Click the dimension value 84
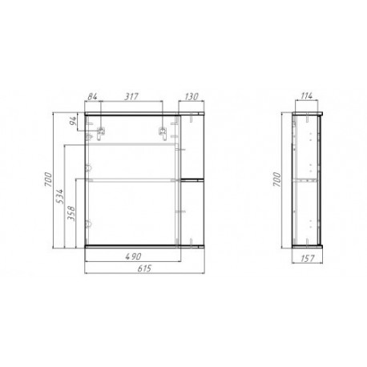pyautogui.click(x=92, y=96)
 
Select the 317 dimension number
pyautogui.click(x=132, y=96)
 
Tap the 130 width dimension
pyautogui.click(x=192, y=96)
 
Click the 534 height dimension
pyautogui.click(x=61, y=196)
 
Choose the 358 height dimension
pyautogui.click(x=72, y=213)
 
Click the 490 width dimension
pyautogui.click(x=134, y=256)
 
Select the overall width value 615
pyautogui.click(x=144, y=268)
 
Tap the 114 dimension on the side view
pyautogui.click(x=307, y=96)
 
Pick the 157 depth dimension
pyautogui.click(x=308, y=258)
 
